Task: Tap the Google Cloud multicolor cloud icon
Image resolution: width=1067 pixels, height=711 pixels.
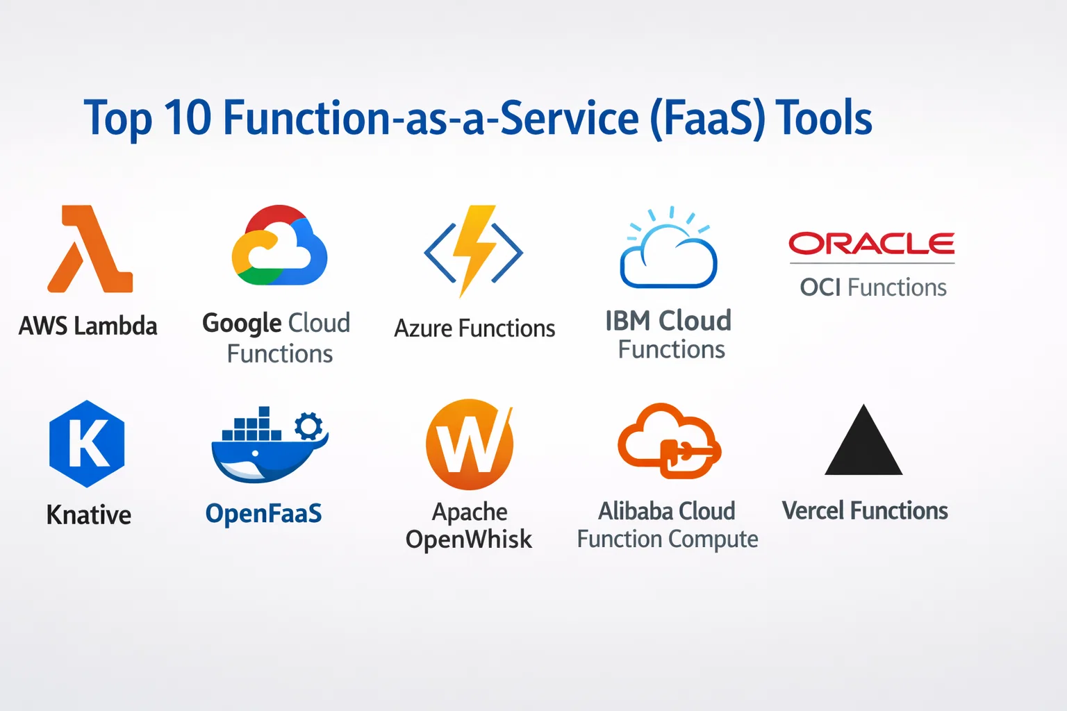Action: pos(280,245)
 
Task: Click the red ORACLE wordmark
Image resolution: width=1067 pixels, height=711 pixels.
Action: pos(872,243)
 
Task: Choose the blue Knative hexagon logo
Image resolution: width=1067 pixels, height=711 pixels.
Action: pos(87,444)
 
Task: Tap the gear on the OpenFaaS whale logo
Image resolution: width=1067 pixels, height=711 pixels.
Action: pos(308,425)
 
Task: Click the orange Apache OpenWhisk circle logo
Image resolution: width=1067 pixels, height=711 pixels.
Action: pos(470,444)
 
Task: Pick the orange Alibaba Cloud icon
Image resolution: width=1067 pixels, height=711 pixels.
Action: pos(669,440)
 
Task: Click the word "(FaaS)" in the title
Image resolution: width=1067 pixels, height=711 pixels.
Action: pos(708,119)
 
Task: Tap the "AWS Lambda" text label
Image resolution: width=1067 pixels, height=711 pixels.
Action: pos(88,326)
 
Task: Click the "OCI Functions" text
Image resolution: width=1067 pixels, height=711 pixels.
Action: pos(873,287)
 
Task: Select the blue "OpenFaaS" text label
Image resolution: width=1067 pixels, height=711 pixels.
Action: pos(263,514)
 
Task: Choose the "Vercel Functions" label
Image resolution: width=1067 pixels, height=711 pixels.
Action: pos(865,510)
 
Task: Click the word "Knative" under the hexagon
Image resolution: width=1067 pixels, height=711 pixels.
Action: pos(89,515)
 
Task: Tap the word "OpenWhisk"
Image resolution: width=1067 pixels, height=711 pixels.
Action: pos(469,539)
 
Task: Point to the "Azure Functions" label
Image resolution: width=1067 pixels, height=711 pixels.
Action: pos(475,328)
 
